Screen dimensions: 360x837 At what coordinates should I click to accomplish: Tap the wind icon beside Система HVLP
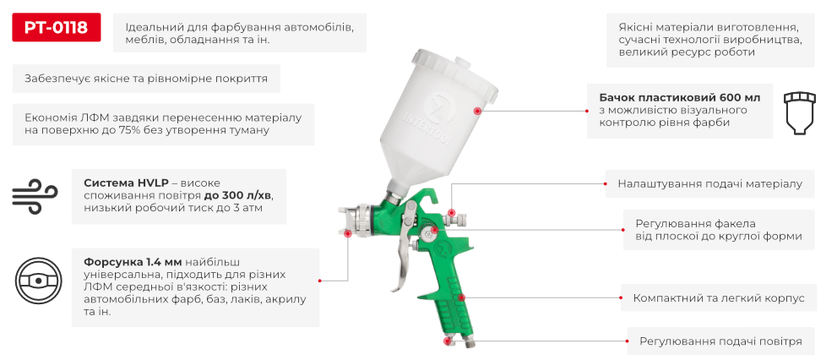pyautogui.click(x=34, y=195)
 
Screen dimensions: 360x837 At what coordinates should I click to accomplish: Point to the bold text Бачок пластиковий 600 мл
pyautogui.click(x=674, y=98)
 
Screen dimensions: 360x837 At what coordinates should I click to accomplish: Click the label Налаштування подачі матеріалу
pyautogui.click(x=709, y=183)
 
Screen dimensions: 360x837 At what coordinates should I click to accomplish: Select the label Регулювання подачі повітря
pyautogui.click(x=720, y=341)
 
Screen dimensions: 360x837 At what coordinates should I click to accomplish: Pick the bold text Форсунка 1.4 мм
pyautogui.click(x=133, y=261)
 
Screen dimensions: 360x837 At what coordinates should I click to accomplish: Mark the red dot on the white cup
pyautogui.click(x=478, y=111)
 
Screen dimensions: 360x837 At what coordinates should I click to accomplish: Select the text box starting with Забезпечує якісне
pyautogui.click(x=146, y=79)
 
